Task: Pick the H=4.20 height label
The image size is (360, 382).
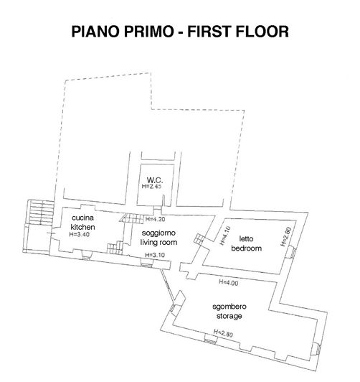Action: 156,219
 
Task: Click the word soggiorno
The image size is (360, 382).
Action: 158,234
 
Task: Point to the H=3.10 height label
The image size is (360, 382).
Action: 156,255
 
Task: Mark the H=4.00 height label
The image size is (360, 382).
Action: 227,284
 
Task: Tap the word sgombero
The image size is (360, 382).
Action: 227,307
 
